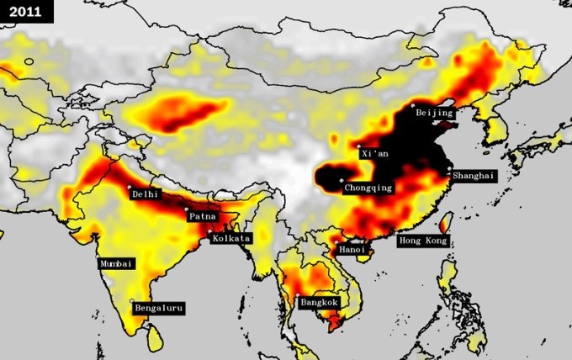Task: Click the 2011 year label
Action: (x=26, y=11)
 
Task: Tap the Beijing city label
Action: (x=434, y=112)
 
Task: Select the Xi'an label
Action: (x=374, y=154)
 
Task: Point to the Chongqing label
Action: (x=368, y=188)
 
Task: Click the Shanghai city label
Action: (x=474, y=177)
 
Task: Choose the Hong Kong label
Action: (x=423, y=241)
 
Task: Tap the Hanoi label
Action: (x=351, y=250)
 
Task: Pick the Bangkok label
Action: (x=318, y=302)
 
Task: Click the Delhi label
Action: (x=145, y=193)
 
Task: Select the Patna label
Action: (x=203, y=216)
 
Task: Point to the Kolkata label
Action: (x=231, y=239)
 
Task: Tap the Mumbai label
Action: (x=117, y=263)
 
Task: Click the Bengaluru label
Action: (x=159, y=309)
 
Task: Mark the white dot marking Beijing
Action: (x=413, y=107)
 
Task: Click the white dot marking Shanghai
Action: (x=449, y=172)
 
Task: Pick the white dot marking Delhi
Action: (x=129, y=187)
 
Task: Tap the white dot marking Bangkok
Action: (x=298, y=295)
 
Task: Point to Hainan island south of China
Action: (x=363, y=255)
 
